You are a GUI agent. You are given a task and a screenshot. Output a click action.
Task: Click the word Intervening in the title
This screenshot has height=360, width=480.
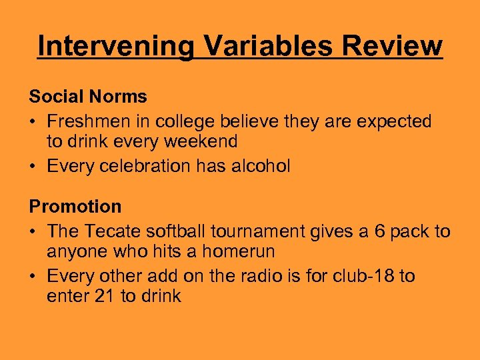pos(116,47)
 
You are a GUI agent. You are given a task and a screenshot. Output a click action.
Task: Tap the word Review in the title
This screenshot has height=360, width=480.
pos(393,47)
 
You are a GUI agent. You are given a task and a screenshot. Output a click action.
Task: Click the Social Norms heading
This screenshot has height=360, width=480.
pos(88,97)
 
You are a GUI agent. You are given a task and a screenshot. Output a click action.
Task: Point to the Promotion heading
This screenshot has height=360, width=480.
pos(75,207)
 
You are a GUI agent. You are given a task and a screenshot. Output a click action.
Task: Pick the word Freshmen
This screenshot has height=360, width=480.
pos(85,121)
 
